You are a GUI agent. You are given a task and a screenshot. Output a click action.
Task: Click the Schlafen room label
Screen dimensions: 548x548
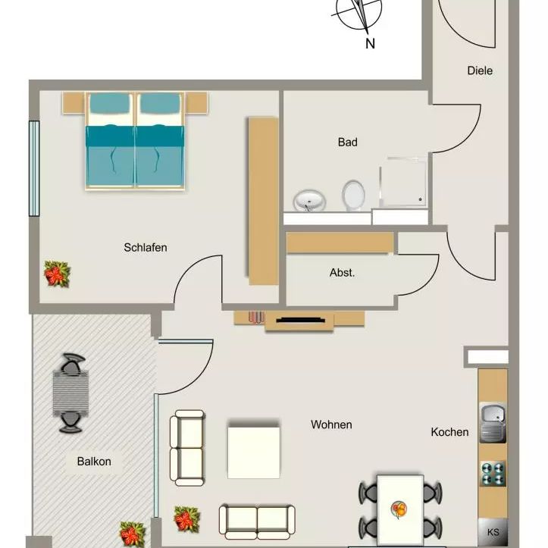pyautogui.click(x=146, y=247)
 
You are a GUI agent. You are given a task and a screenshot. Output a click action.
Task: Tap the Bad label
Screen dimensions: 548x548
pyautogui.click(x=347, y=142)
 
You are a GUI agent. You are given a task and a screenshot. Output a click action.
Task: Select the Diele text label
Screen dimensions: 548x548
pyautogui.click(x=480, y=70)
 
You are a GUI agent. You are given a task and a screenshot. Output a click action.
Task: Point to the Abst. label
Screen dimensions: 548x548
pyautogui.click(x=342, y=273)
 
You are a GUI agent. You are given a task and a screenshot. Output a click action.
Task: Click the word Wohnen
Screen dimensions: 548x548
pyautogui.click(x=331, y=424)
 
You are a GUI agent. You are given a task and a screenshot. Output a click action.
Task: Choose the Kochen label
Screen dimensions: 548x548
pyautogui.click(x=449, y=432)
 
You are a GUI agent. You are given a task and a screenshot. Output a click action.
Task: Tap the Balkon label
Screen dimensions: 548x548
pyautogui.click(x=94, y=461)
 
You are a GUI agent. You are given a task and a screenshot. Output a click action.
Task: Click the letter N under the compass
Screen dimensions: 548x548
pyautogui.click(x=370, y=44)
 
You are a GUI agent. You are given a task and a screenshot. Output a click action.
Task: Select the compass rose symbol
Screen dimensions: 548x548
pyautogui.click(x=359, y=13)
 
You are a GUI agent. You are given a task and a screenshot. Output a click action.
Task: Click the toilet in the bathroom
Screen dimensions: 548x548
pyautogui.click(x=353, y=195)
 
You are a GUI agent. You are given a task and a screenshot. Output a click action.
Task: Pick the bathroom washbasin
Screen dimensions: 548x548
pyautogui.click(x=310, y=201)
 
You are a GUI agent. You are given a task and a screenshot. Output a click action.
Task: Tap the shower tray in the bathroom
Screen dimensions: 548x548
pyautogui.click(x=403, y=182)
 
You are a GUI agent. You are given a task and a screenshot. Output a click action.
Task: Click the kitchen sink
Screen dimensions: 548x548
pyautogui.click(x=493, y=423)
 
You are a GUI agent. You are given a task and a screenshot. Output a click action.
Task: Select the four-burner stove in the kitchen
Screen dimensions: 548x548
pyautogui.click(x=493, y=474)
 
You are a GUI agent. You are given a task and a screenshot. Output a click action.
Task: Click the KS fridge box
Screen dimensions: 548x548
pyautogui.click(x=493, y=531)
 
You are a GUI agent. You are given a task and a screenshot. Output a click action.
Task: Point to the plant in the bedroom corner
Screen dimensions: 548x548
pyautogui.click(x=57, y=273)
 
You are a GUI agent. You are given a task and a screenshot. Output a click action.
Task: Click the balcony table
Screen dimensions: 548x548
pyautogui.click(x=70, y=393)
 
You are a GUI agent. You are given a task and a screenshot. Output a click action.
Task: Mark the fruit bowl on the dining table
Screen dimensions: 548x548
pyautogui.click(x=399, y=508)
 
